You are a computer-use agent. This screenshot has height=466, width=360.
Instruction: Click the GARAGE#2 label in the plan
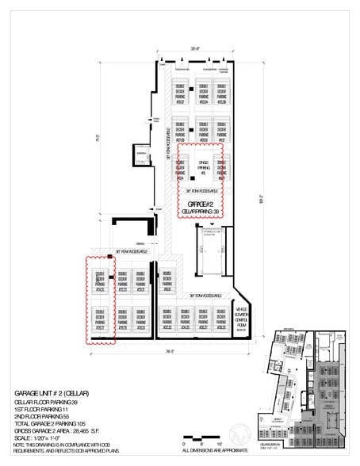click(x=201, y=204)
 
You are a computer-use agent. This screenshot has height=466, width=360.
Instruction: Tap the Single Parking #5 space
click(x=203, y=167)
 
